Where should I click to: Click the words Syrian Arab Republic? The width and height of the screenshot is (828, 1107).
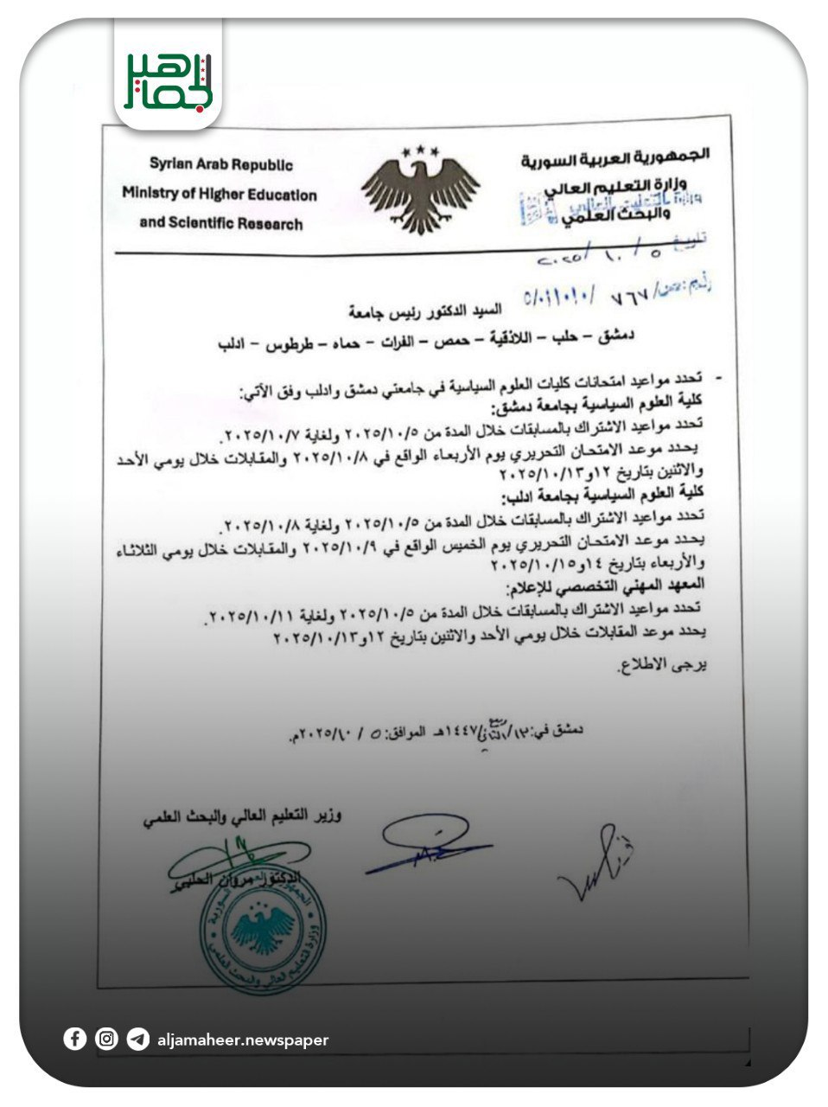(221, 164)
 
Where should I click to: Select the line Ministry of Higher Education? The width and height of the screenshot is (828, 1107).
(220, 194)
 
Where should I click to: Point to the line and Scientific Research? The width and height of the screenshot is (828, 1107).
(221, 223)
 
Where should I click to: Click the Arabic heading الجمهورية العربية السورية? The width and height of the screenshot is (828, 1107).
(615, 158)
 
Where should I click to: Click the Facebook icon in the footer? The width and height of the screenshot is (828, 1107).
(75, 1039)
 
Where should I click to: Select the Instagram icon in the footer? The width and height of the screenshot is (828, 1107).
(106, 1039)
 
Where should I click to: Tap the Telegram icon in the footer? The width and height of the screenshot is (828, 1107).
(137, 1039)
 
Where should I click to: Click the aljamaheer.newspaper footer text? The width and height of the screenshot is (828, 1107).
(243, 1040)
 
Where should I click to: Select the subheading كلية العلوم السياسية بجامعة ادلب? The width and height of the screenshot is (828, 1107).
(606, 495)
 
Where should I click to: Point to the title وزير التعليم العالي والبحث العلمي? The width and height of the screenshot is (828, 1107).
(243, 816)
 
